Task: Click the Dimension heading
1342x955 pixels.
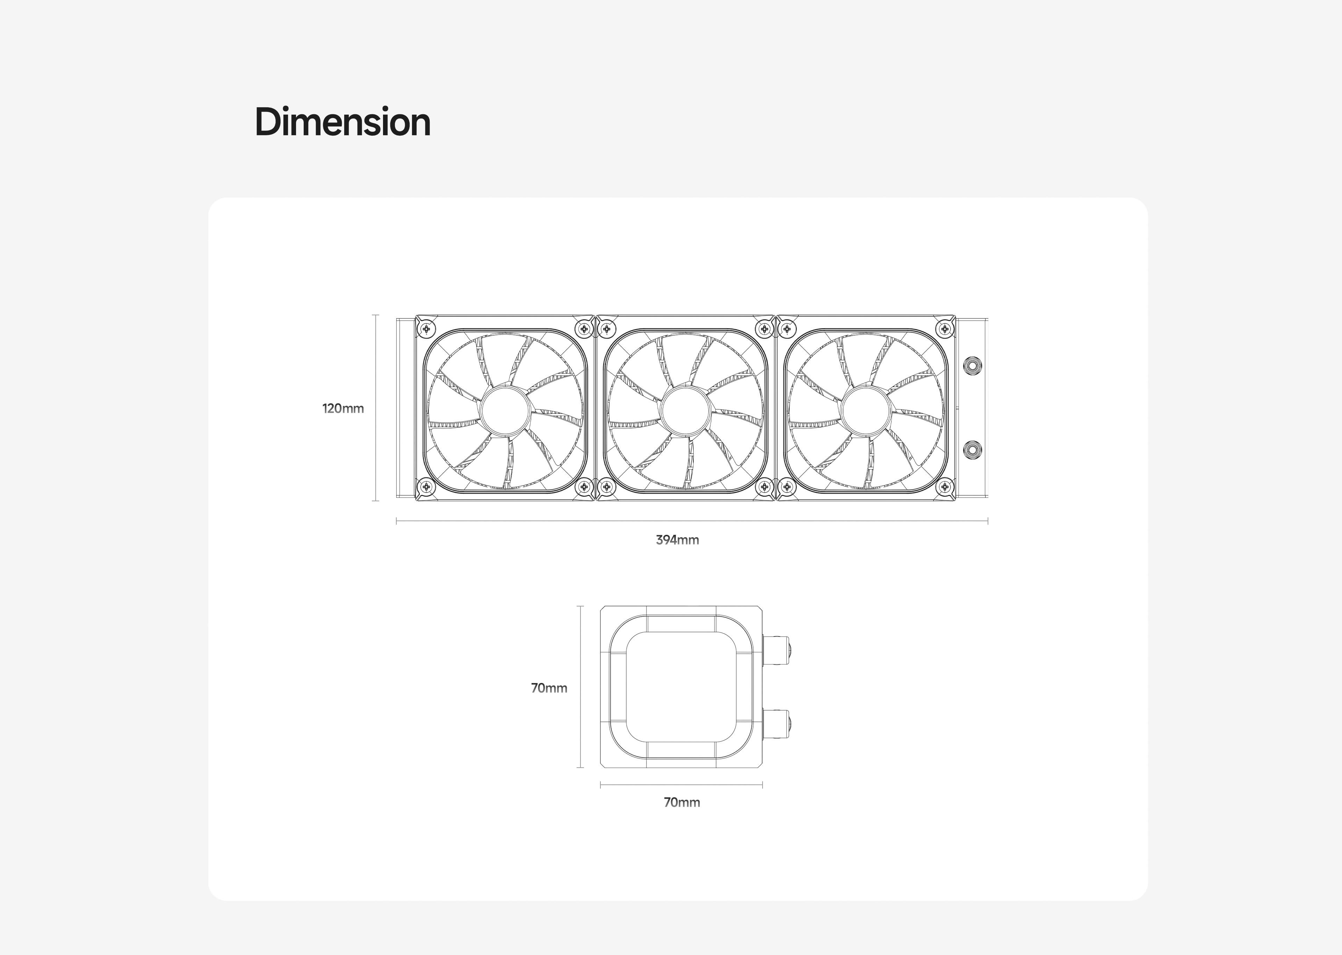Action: click(343, 122)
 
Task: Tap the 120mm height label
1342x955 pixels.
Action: click(343, 408)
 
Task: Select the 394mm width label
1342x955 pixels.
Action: click(677, 540)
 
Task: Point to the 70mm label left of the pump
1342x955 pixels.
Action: click(549, 688)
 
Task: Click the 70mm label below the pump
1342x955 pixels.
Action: click(682, 802)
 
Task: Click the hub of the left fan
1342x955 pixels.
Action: click(506, 410)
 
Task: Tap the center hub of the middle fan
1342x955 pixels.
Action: click(686, 410)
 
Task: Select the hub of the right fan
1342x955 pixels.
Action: click(866, 410)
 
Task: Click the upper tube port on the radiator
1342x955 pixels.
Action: click(972, 366)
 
